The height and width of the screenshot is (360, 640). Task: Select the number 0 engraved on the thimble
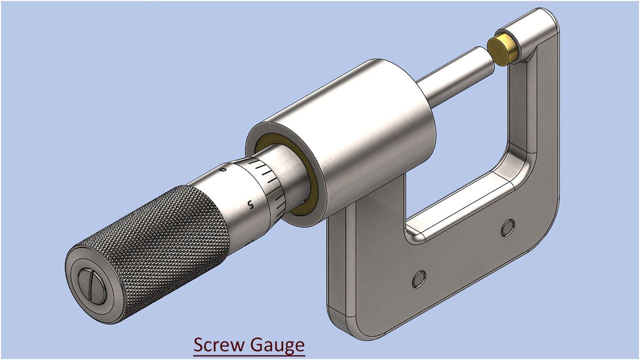point(223,170)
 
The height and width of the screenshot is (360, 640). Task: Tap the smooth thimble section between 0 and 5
point(235,190)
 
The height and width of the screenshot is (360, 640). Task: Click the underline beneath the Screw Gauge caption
point(249,355)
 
